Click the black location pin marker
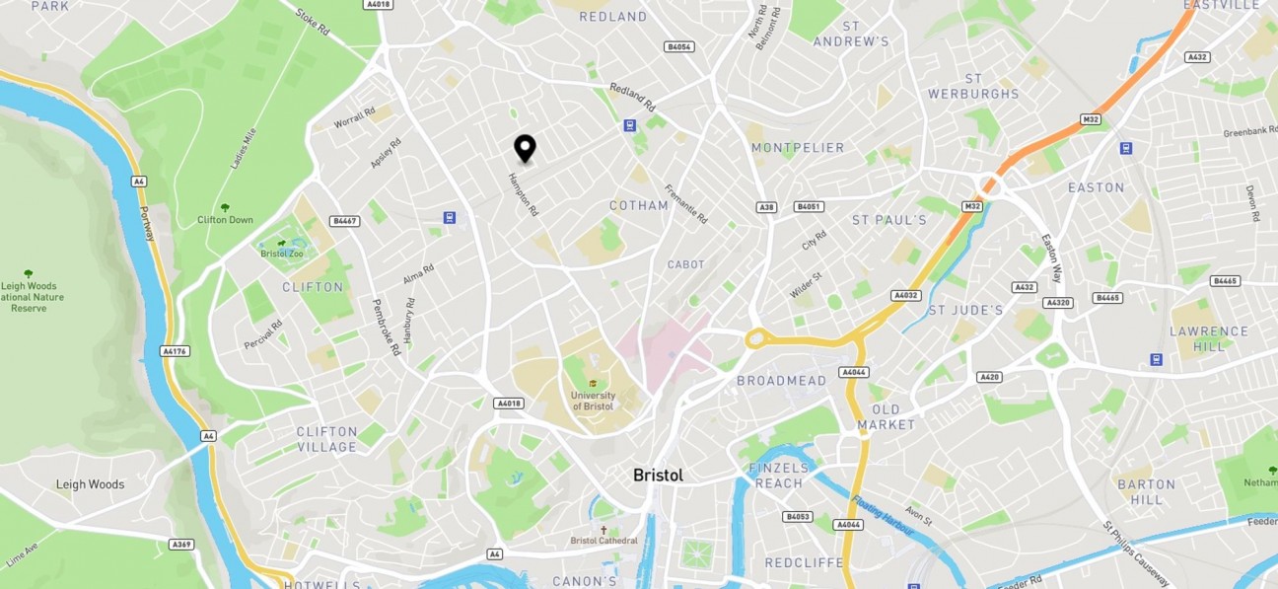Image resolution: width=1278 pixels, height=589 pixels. click(x=526, y=148)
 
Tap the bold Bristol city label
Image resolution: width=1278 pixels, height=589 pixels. click(x=658, y=476)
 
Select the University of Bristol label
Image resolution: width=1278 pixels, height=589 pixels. click(x=593, y=401)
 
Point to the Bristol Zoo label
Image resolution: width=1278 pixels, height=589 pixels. click(x=282, y=254)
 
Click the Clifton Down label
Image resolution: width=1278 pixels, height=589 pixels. click(x=225, y=219)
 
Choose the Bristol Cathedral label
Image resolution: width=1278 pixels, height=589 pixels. click(x=603, y=540)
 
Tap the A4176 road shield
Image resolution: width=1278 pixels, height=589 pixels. click(x=174, y=350)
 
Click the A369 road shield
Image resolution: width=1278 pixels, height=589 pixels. click(x=180, y=544)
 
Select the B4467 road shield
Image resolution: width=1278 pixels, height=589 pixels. click(x=344, y=221)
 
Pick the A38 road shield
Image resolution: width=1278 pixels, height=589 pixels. click(x=766, y=207)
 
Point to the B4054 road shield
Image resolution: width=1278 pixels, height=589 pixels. click(x=679, y=46)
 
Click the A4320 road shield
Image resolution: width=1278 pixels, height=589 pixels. click(x=1057, y=303)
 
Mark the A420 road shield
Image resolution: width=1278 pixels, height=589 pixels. click(x=989, y=377)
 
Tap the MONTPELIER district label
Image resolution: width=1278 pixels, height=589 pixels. click(x=798, y=148)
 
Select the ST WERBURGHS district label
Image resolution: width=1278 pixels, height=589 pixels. click(x=973, y=86)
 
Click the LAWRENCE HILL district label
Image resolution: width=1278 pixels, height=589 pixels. click(x=1208, y=338)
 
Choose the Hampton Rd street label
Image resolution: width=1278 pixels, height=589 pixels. click(x=523, y=194)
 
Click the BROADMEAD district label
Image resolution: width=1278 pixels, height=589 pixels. click(x=781, y=381)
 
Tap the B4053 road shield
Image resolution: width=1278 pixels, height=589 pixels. click(x=797, y=517)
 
